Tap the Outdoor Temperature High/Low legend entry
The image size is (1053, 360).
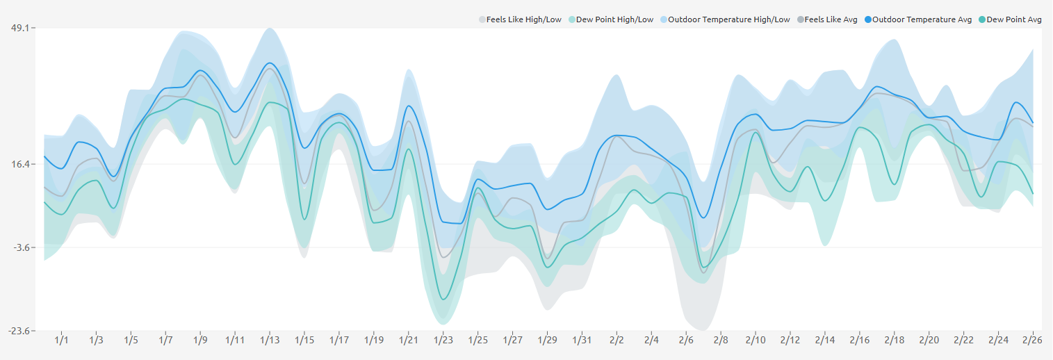(729, 19)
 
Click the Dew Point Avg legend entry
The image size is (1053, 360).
(1014, 19)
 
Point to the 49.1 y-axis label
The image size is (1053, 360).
(20, 28)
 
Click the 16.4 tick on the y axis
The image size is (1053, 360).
(20, 164)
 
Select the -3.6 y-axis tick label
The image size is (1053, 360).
(20, 247)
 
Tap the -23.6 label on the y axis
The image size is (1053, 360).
(19, 331)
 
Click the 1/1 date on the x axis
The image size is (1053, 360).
(62, 341)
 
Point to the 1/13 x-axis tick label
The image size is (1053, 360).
(270, 341)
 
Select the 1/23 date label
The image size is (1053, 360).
(443, 341)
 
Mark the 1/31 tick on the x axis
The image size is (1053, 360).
(582, 341)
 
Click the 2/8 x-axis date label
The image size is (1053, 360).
(721, 341)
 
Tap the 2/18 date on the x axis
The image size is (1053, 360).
(895, 341)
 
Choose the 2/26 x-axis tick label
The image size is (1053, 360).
(1033, 341)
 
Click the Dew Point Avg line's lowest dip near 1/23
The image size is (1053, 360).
(443, 300)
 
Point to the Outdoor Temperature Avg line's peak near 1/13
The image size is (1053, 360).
(270, 63)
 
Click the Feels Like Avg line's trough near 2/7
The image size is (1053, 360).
(703, 272)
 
